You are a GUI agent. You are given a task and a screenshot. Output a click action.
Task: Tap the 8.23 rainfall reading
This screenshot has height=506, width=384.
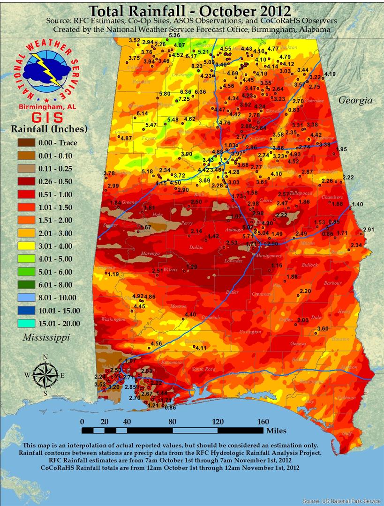197,67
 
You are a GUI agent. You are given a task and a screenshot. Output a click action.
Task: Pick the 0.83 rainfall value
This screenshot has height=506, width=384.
294,110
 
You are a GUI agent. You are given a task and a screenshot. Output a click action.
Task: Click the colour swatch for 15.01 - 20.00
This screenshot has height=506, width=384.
29,323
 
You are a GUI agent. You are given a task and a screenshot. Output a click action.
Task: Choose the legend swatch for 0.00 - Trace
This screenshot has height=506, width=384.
29,143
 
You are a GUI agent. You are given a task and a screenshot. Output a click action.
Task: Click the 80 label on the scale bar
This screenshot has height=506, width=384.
172,421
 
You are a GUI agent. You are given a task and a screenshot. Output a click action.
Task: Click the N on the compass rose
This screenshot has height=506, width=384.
45,357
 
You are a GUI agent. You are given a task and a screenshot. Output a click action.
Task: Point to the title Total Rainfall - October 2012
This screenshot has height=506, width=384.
189,10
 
